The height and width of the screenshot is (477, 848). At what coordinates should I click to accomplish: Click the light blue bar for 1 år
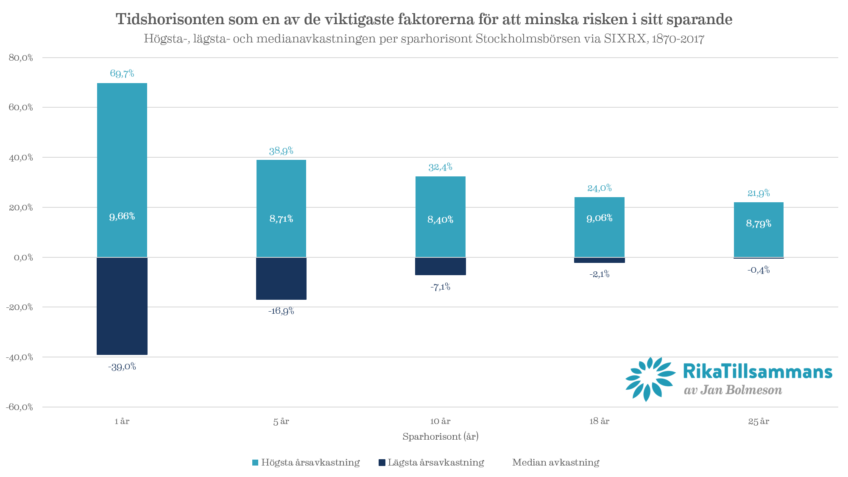[x=122, y=148]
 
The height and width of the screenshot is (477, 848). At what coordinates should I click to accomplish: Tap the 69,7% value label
[x=122, y=73]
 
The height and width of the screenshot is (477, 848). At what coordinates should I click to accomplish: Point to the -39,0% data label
[x=122, y=367]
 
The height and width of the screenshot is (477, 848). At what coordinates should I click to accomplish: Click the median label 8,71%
[x=281, y=219]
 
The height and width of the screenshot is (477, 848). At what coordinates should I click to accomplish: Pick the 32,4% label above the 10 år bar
[x=440, y=167]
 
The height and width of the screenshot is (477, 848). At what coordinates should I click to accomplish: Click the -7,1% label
[x=440, y=287]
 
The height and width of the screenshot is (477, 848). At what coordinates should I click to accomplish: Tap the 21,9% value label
[x=759, y=193]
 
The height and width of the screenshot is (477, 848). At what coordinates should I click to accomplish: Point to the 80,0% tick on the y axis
[x=21, y=58]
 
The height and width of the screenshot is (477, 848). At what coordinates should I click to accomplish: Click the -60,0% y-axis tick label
[x=20, y=407]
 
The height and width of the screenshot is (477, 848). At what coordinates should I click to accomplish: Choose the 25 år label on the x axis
[x=759, y=421]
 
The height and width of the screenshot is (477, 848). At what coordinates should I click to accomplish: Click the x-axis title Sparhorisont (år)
[x=440, y=436]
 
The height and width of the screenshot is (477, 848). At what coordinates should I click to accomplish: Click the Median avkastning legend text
[x=555, y=462]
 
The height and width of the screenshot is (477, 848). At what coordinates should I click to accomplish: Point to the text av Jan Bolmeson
[x=733, y=390]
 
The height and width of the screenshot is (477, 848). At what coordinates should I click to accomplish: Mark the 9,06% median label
[x=599, y=218]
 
